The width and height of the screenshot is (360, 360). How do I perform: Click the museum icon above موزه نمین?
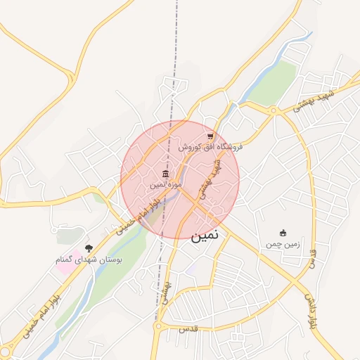coord(165,174)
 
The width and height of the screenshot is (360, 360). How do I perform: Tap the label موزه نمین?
coord(165,184)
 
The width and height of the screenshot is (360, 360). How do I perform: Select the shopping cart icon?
coord(210,136)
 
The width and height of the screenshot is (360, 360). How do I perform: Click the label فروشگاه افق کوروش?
coord(210,147)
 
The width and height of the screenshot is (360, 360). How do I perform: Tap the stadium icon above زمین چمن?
coord(283,233)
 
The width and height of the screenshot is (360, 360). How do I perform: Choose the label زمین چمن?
coord(283,245)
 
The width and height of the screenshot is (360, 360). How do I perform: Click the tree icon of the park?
coord(89,248)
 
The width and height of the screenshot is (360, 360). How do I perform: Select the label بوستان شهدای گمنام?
coord(89,259)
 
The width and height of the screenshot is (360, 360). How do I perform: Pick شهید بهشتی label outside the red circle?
coord(315,99)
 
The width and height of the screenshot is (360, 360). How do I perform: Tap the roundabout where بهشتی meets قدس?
coord(158,326)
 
